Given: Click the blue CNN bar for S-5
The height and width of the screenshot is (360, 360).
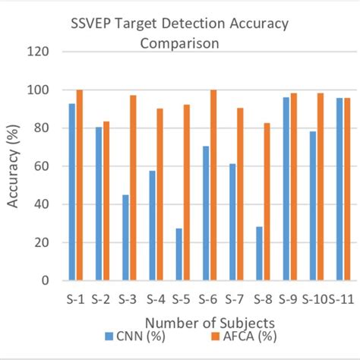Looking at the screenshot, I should point(179,254).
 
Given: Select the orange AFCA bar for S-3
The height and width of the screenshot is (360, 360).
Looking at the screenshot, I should point(133,188).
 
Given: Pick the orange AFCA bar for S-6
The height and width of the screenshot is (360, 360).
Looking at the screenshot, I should point(213,185).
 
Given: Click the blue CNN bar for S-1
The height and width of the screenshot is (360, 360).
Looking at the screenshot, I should point(71,191).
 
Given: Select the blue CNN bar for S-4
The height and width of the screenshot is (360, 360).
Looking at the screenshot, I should point(153,225).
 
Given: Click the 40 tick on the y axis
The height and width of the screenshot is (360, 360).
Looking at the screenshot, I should point(41,204).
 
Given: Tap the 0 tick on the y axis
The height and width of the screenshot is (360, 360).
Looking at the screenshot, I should point(45,280).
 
